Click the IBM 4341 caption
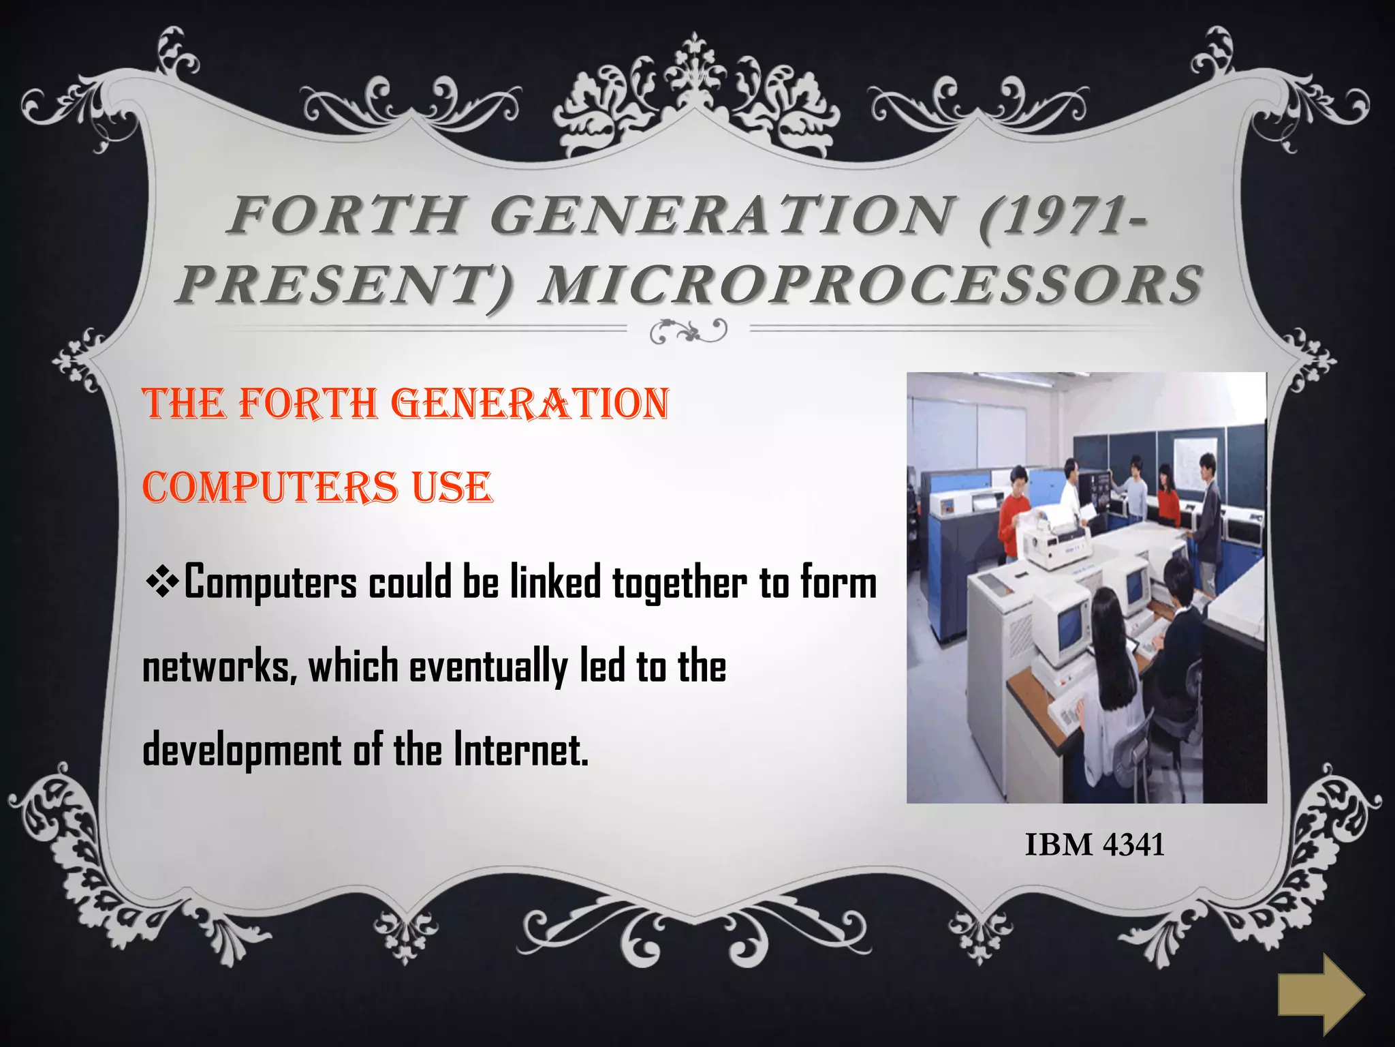point(1095,845)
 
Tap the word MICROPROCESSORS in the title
point(871,285)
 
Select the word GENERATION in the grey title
point(721,215)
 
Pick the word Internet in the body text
point(520,749)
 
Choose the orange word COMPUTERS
point(270,488)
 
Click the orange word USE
point(452,488)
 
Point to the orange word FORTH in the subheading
point(309,404)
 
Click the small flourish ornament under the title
point(688,331)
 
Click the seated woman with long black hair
point(1110,675)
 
